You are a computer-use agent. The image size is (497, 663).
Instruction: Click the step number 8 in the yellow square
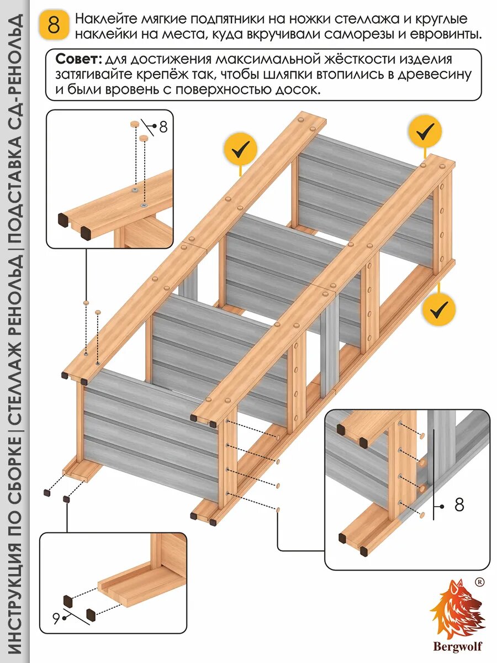tap(54, 26)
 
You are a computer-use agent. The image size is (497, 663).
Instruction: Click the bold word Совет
tap(77, 59)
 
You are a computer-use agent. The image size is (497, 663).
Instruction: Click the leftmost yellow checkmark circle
tap(241, 149)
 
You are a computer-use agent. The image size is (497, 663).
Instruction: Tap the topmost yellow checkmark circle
tap(425, 131)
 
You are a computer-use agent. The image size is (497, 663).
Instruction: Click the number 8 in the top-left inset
tap(163, 127)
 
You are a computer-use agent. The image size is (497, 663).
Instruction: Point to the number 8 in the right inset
tap(459, 505)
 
